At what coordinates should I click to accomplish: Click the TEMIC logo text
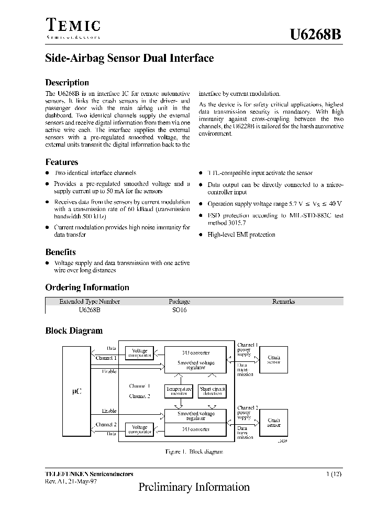pos(73,26)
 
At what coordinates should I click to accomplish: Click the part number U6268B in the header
pos(316,35)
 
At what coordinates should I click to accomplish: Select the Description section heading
pos(67,82)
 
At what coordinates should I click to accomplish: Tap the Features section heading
pos(62,162)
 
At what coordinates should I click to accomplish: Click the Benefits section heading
pos(61,252)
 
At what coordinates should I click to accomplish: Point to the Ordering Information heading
pos(87,287)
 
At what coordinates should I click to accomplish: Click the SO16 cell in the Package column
pos(180,310)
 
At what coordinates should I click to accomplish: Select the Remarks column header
pos(283,301)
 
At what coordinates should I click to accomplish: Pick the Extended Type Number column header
pos(90,301)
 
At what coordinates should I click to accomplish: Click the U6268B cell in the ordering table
pos(90,310)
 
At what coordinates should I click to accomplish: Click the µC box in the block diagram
pos(76,391)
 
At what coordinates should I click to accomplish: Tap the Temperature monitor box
pos(179,391)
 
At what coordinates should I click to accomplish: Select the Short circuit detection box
pos(212,391)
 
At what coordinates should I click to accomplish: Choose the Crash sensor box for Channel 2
pos(273,422)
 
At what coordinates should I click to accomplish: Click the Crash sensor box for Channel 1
pos(273,359)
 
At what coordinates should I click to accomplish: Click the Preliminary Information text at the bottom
pos(194,487)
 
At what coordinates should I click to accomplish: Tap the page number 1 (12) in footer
pos(335,474)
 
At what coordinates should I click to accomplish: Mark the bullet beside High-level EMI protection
pos(201,235)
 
